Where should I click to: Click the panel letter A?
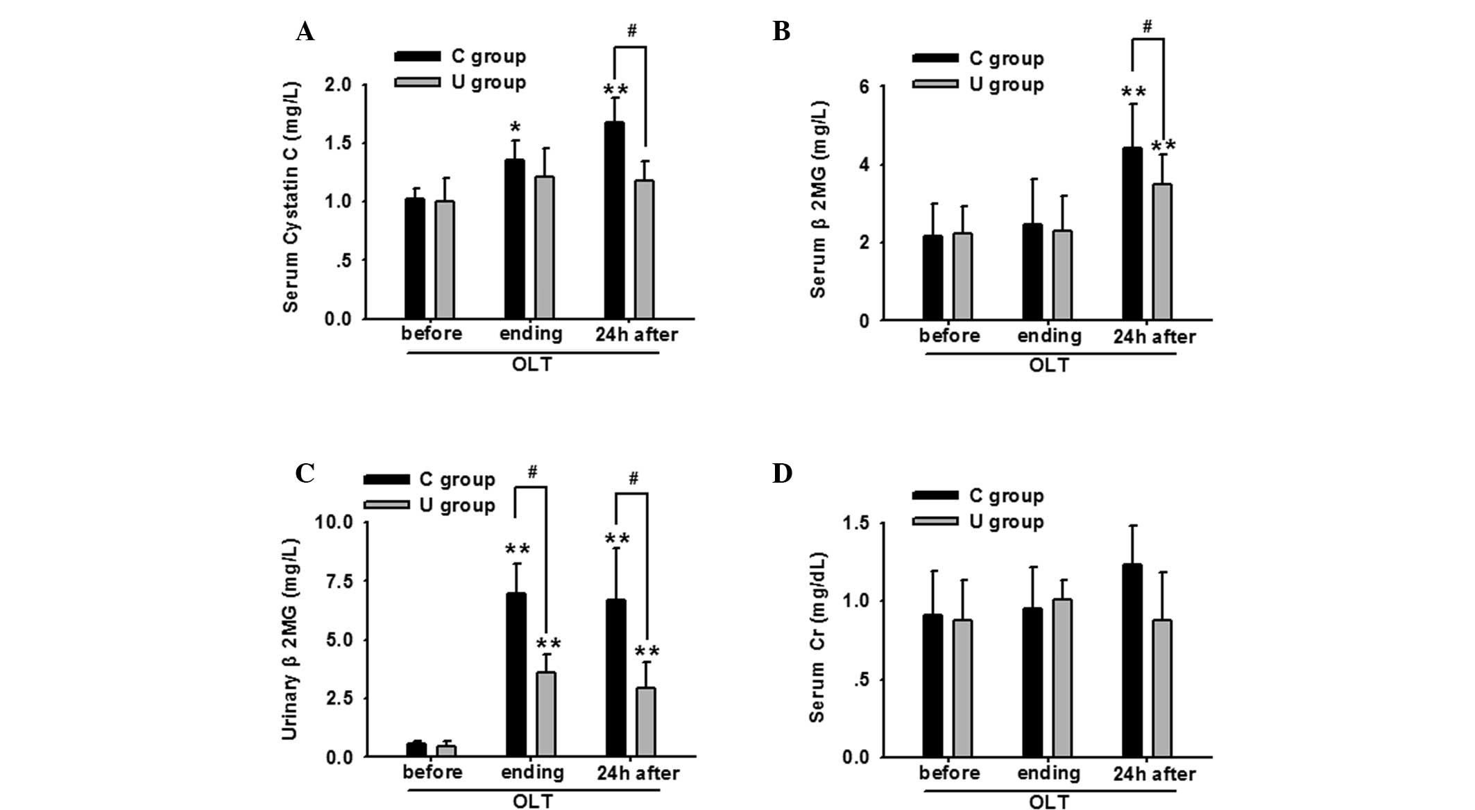tap(305, 32)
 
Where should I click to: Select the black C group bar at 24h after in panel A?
tap(614, 221)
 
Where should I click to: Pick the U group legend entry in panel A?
tap(461, 83)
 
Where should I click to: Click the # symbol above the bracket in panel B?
tap(1147, 27)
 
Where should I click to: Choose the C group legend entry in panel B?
tap(978, 59)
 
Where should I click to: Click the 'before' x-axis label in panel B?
tap(949, 336)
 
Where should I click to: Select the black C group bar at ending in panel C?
tap(515, 675)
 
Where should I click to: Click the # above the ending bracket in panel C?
tap(532, 473)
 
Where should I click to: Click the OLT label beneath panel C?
tap(532, 802)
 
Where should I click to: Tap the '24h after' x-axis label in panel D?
tap(1154, 774)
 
